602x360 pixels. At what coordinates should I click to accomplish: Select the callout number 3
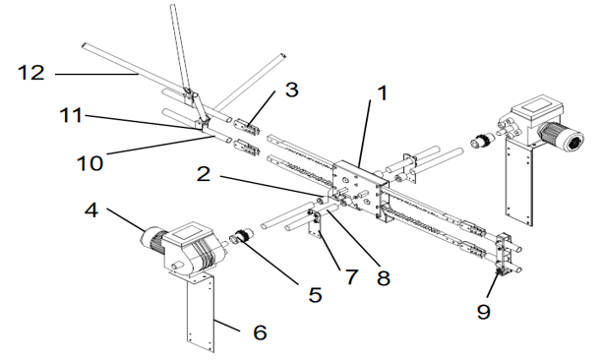pos(291,90)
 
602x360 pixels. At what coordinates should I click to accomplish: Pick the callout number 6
pos(260,333)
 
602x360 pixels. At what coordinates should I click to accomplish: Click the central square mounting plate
pos(355,187)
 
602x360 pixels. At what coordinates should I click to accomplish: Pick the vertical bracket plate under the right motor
pos(517,182)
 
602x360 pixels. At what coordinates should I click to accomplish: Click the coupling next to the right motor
pos(483,141)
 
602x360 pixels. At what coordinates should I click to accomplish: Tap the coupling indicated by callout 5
pos(242,237)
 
